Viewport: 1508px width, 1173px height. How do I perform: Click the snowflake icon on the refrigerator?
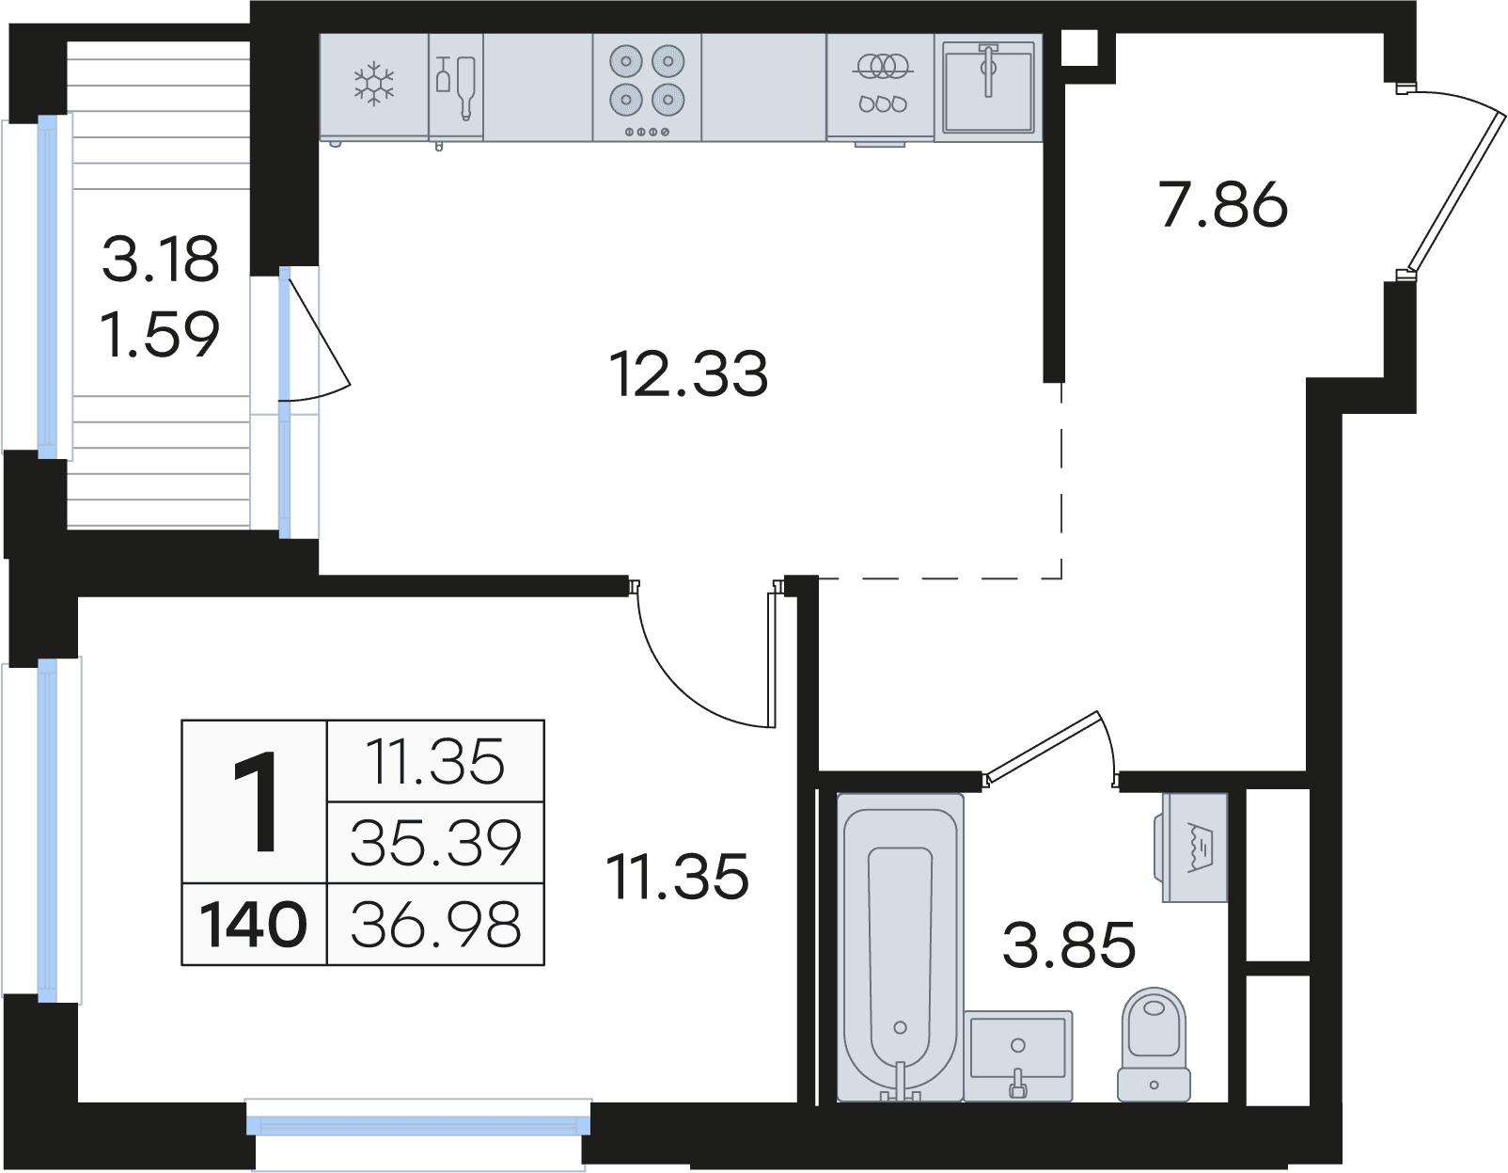click(x=374, y=84)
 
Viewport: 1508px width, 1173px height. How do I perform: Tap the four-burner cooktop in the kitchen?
click(x=647, y=87)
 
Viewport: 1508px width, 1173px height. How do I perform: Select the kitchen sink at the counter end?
click(x=988, y=87)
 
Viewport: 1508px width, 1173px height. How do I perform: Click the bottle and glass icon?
click(x=456, y=87)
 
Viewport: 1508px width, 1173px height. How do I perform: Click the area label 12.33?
click(x=688, y=374)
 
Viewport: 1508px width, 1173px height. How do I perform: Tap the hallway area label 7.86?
click(x=1223, y=204)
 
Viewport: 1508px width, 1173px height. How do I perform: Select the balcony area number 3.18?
click(x=161, y=259)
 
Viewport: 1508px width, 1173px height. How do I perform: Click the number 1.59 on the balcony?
click(x=160, y=335)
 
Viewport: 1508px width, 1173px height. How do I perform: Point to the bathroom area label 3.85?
click(x=1069, y=944)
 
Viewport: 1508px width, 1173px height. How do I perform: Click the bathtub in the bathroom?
click(x=900, y=948)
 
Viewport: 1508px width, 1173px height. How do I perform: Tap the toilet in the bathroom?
click(x=1155, y=1044)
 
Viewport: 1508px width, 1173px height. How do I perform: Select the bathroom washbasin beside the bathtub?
click(x=1018, y=1055)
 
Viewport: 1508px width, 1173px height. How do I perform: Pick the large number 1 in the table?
click(x=256, y=802)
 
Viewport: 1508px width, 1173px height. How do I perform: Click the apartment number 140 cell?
click(x=254, y=925)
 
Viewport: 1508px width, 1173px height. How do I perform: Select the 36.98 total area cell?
click(x=436, y=925)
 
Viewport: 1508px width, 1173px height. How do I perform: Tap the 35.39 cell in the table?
click(x=436, y=843)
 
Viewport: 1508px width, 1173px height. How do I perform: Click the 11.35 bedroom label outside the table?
click(x=677, y=878)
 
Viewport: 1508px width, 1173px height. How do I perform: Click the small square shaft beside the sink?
click(x=1080, y=48)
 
